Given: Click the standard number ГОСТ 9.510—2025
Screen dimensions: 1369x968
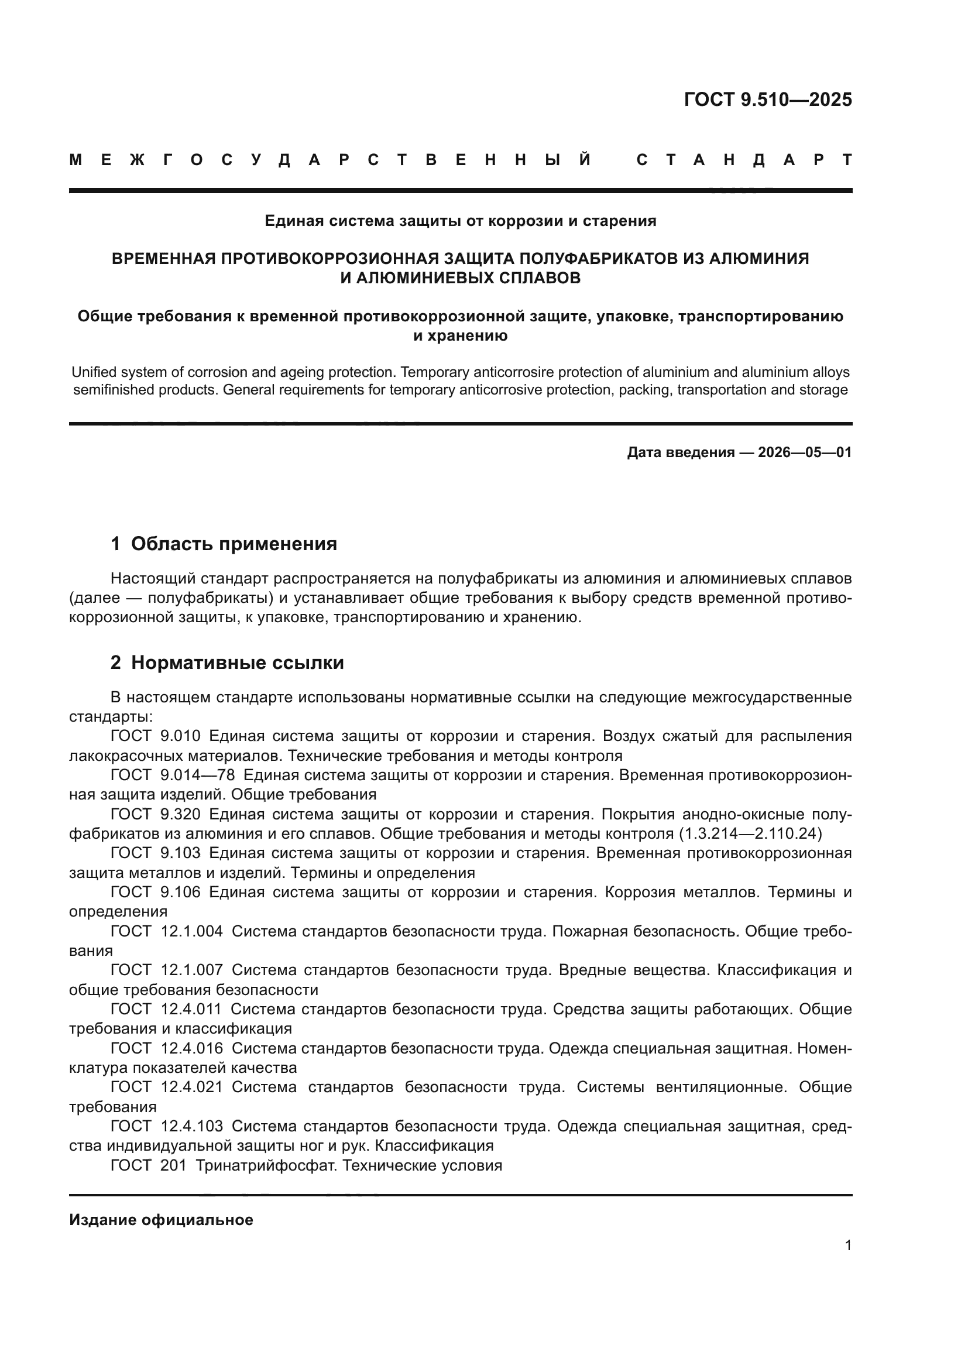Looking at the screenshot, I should point(768,99).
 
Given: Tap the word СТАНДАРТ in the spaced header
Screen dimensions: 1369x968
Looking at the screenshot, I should point(744,160).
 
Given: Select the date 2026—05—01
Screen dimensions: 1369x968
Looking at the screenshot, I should point(805,452).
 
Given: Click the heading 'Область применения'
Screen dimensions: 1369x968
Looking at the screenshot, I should point(234,544).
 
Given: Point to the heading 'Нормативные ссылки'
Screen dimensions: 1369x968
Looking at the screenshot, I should point(237,663).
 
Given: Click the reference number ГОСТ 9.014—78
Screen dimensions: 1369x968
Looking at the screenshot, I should point(173,775).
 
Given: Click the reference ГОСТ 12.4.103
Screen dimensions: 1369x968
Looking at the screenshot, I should point(167,1126).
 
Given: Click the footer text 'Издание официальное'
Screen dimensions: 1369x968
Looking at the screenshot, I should point(161,1219).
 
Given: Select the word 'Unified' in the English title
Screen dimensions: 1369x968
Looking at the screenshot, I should point(91,373).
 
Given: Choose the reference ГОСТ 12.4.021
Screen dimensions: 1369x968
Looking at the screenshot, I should point(167,1087).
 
